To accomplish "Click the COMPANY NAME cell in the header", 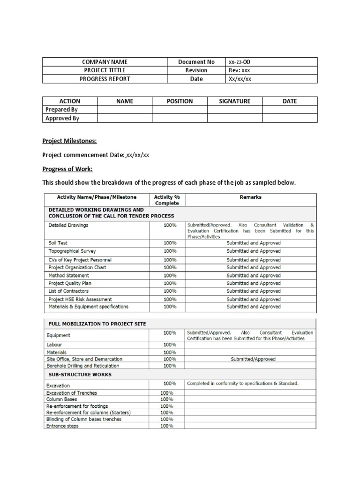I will coord(105,62).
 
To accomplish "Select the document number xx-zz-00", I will coord(239,62).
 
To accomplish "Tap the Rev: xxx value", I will coord(239,70).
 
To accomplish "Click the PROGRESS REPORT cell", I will coord(105,79).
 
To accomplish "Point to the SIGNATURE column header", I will coord(234,101).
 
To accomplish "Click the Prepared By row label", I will coord(61,109).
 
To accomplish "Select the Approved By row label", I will coord(62,118).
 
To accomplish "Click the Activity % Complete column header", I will coord(167,200).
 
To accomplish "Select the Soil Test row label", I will coord(59,243).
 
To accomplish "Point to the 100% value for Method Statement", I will coord(170,276).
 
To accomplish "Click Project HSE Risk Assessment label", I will coord(80,299).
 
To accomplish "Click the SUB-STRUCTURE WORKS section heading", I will coord(80,375).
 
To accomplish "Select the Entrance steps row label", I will coord(62,426).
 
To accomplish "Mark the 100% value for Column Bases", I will coord(167,399).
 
